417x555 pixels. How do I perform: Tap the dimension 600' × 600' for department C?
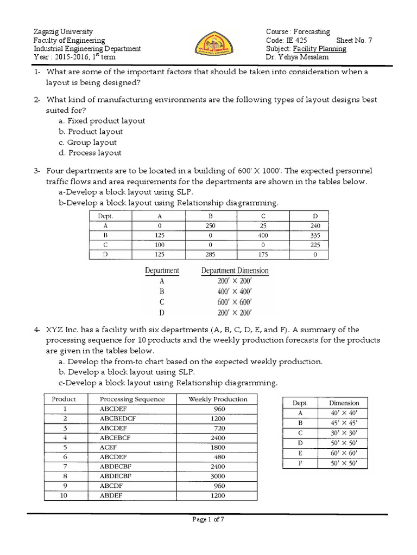(234, 302)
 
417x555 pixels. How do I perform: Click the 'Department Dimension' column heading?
(235, 270)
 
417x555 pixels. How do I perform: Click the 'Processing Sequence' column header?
(132, 399)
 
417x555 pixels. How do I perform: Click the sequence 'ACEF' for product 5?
(109, 447)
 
